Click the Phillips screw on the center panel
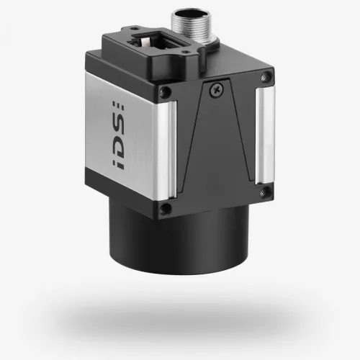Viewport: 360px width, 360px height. [x=215, y=89]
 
